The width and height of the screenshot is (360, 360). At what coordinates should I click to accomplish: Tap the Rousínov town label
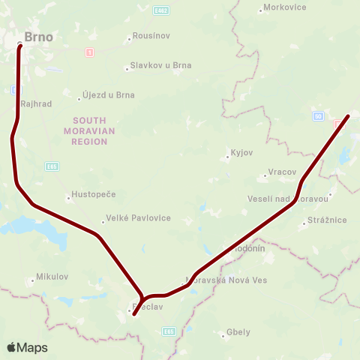[x=151, y=35]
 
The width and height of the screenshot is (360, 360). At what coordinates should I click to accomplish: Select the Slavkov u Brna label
[x=160, y=65]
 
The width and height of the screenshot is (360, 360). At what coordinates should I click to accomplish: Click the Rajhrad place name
[x=37, y=104]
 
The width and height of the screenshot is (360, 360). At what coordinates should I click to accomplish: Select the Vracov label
[x=282, y=172]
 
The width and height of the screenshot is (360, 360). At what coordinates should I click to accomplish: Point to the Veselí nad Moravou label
[x=288, y=199]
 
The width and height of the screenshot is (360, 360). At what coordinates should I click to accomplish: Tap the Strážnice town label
[x=327, y=220]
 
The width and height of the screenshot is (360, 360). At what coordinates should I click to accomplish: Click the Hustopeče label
[x=94, y=194]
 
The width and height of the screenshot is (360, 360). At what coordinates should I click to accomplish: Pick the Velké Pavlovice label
[x=139, y=218]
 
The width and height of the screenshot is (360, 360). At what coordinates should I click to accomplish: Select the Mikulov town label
[x=52, y=277]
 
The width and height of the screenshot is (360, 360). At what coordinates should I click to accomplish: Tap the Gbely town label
[x=238, y=332]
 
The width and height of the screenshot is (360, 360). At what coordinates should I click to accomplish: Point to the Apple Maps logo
[x=27, y=347]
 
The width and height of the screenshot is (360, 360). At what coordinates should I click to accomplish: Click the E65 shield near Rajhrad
[x=51, y=166]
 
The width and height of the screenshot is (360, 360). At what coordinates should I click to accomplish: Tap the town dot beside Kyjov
[x=227, y=157]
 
